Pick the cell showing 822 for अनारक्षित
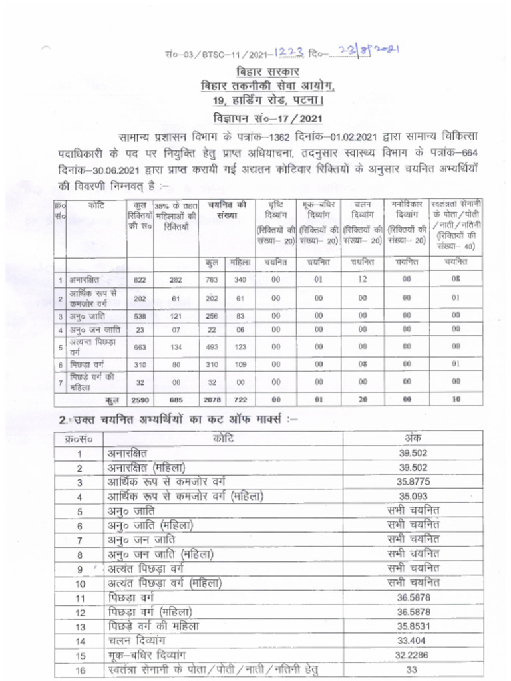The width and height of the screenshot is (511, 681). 139,280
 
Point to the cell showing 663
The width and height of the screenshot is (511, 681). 139,346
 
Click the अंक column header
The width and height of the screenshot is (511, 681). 413,438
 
